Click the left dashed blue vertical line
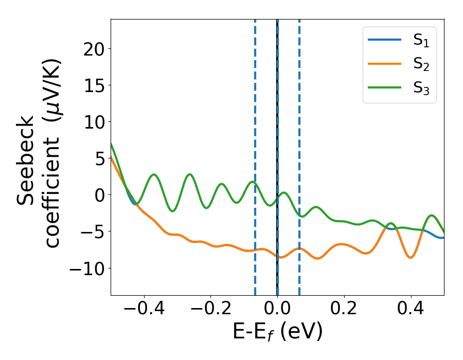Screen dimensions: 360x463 click(255, 129)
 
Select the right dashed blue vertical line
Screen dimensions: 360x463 click(299, 129)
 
